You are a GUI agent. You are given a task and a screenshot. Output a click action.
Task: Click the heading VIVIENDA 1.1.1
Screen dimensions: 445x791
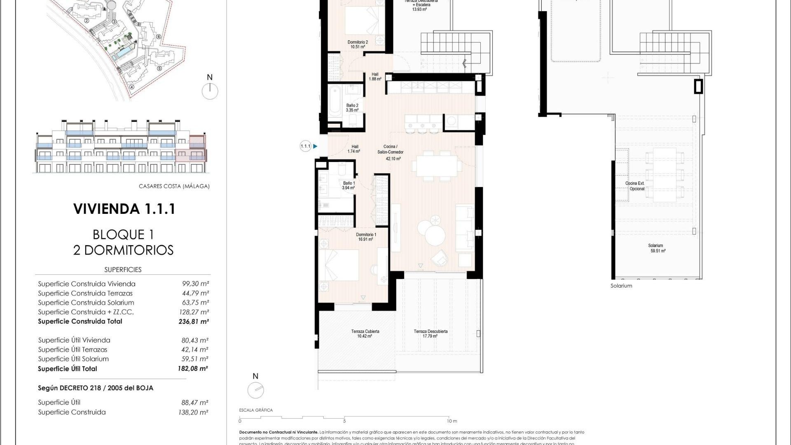[x=124, y=209]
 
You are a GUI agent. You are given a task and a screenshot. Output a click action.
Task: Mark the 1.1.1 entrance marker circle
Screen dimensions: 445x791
[x=305, y=146]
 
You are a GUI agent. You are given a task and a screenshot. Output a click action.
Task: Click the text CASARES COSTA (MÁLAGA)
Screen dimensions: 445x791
[x=174, y=186]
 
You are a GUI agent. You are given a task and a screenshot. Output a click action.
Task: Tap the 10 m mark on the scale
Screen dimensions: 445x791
[x=452, y=421]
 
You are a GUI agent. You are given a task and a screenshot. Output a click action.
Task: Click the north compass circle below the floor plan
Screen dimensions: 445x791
[x=255, y=390]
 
